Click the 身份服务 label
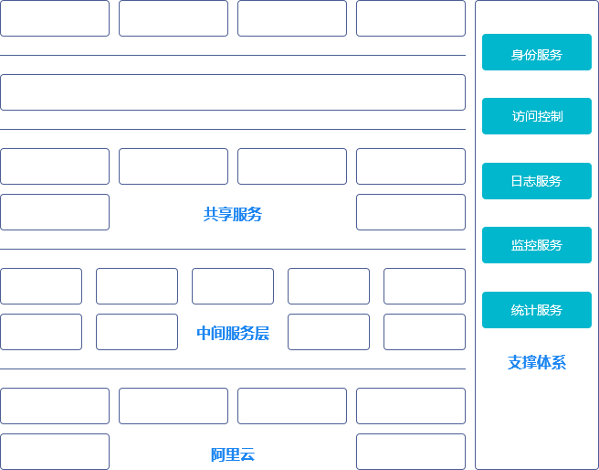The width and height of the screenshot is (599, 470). click(536, 55)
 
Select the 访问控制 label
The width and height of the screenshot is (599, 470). click(537, 117)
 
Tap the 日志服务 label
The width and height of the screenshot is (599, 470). click(536, 181)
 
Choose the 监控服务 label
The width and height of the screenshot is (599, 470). click(536, 245)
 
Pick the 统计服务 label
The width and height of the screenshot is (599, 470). click(536, 310)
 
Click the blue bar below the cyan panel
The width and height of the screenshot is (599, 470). click(536, 362)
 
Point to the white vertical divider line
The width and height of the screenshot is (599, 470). click(470, 235)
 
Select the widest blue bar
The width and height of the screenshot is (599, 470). click(233, 333)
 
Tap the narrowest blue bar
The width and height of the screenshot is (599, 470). click(233, 454)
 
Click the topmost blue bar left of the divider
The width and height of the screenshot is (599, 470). click(233, 214)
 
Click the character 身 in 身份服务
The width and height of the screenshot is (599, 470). click(517, 55)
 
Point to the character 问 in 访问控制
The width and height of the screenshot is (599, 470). click(531, 117)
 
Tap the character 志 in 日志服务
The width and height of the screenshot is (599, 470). click(530, 181)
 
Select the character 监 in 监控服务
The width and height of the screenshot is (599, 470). click(517, 245)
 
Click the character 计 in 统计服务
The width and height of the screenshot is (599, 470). click(530, 310)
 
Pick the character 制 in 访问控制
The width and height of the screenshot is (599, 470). click(556, 117)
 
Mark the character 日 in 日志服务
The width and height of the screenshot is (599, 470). click(517, 181)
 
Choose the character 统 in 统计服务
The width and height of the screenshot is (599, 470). click(517, 310)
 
